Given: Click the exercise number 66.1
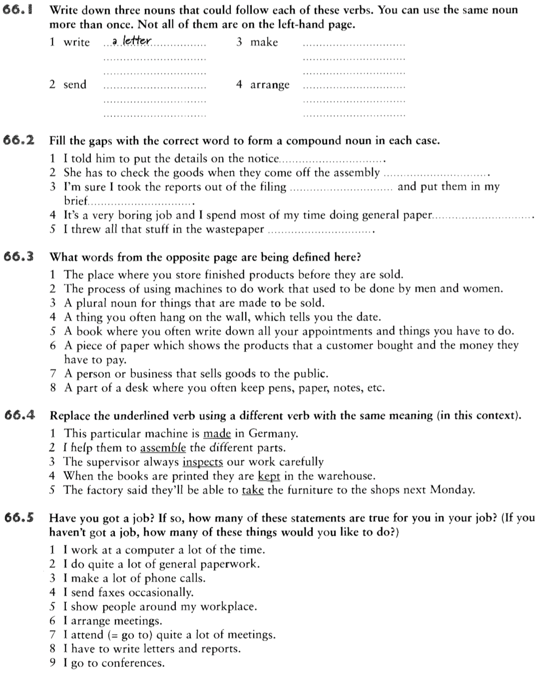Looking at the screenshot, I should [x=18, y=9].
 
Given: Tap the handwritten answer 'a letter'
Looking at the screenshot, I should [x=131, y=42].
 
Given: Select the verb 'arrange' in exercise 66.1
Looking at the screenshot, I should [x=270, y=85].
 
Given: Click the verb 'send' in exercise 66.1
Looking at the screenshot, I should [x=75, y=85].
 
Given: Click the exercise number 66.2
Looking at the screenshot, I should [x=18, y=140].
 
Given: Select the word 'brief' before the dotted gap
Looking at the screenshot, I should [x=76, y=201].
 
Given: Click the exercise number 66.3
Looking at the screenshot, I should [x=18, y=257].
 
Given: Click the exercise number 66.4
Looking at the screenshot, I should [x=18, y=415].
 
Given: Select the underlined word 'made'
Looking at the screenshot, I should [x=217, y=433].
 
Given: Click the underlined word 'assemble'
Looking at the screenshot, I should [x=163, y=448].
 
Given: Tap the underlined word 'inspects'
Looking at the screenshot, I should [x=202, y=462].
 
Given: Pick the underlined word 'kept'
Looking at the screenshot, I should [x=268, y=476].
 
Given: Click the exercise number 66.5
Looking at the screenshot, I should [x=18, y=518].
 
